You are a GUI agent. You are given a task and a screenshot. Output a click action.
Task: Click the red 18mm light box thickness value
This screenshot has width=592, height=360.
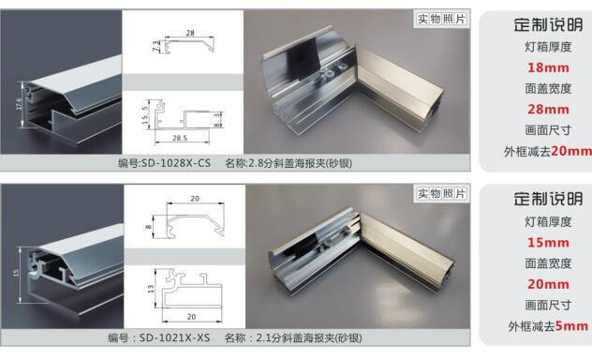pos(548,68)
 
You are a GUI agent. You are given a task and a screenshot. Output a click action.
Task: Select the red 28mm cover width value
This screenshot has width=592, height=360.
pos(548,110)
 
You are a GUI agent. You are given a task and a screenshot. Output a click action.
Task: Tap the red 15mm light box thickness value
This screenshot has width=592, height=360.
pos(548,243)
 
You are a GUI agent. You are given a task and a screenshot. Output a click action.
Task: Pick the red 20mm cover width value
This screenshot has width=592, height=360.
pos(548,284)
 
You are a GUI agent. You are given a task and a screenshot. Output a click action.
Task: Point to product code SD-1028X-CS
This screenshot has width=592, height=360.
pos(176,163)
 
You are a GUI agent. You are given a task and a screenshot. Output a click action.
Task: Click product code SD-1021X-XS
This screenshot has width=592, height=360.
pos(175,337)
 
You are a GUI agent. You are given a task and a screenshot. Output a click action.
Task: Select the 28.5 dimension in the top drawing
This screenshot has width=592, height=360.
pos(180,138)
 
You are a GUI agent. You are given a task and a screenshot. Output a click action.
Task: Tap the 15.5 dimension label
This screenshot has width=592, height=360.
pos(144,115)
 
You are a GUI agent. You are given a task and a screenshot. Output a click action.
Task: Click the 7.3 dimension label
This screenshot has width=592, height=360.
pos(156,46)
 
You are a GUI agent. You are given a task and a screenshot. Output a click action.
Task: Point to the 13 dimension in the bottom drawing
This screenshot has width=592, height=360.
pos(151,289)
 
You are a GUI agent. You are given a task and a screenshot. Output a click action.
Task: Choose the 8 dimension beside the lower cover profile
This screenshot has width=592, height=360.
pos(148,227)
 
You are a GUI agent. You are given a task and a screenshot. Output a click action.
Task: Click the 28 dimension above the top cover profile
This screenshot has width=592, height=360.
pos(190,33)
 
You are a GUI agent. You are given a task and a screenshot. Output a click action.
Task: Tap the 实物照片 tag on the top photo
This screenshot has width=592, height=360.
pos(441,19)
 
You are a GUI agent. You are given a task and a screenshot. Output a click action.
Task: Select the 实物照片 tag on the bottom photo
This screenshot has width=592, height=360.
pos(441,194)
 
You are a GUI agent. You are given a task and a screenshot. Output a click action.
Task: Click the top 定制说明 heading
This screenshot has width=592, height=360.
pos(548,25)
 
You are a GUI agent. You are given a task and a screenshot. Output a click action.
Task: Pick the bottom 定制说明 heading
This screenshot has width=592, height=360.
pos(548,199)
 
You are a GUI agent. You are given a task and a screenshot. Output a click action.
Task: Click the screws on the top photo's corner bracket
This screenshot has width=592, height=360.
pos(333,69)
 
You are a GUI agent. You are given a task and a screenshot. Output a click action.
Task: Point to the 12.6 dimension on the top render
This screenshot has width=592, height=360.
pos(20,104)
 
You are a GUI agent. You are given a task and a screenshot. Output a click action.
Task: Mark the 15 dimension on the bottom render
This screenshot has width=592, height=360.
pos(16,273)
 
